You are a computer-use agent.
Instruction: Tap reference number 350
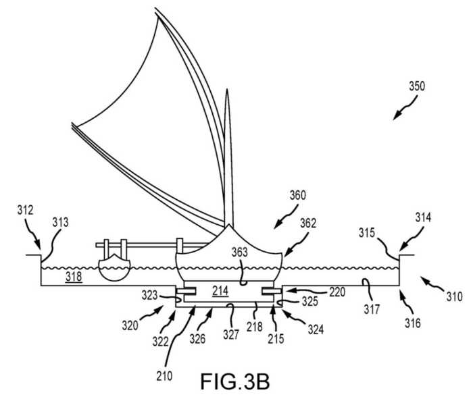418,88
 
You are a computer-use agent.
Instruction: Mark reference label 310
453,295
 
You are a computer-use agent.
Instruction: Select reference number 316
412,324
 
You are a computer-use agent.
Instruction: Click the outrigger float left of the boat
112,267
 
